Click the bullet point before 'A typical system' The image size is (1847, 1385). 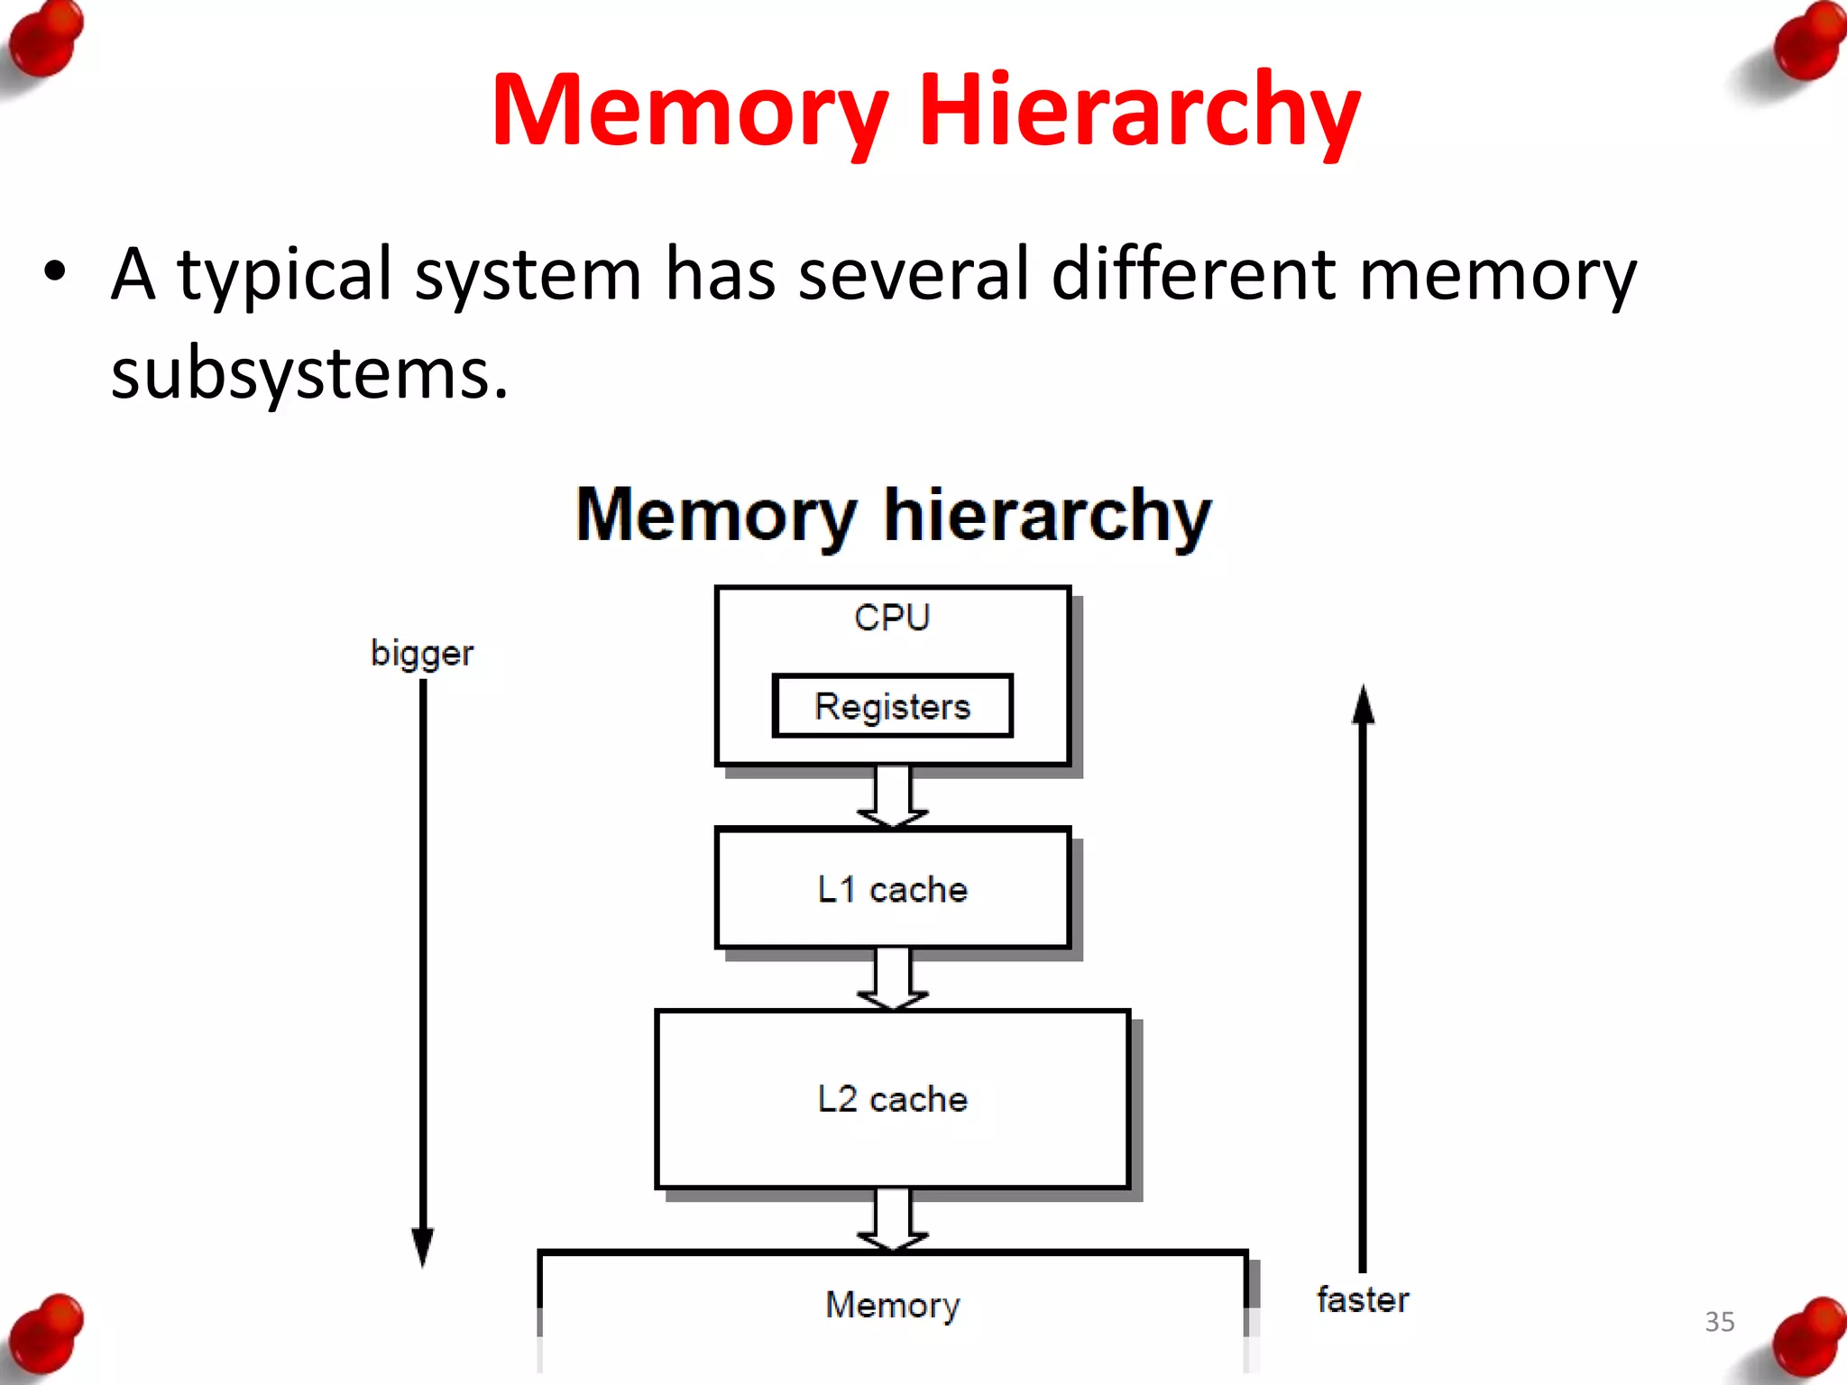pyautogui.click(x=55, y=271)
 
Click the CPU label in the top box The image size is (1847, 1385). pyautogui.click(x=891, y=619)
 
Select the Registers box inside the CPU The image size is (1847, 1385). pyautogui.click(x=892, y=706)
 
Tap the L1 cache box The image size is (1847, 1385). pyautogui.click(x=892, y=889)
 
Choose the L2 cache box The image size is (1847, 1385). pyautogui.click(x=892, y=1099)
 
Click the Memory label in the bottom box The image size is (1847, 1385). pyautogui.click(x=892, y=1305)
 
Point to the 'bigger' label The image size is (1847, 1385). pyautogui.click(x=421, y=653)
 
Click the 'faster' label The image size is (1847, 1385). pyautogui.click(x=1362, y=1300)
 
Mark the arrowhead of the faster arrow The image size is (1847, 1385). pyautogui.click(x=1363, y=704)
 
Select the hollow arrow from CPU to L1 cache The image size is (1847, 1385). pyautogui.click(x=892, y=797)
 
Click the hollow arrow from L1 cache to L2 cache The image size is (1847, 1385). pyautogui.click(x=892, y=979)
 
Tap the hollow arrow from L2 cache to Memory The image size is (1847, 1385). pyautogui.click(x=892, y=1220)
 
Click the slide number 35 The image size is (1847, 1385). pyautogui.click(x=1719, y=1322)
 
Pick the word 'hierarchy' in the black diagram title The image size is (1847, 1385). pyautogui.click(x=1047, y=516)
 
